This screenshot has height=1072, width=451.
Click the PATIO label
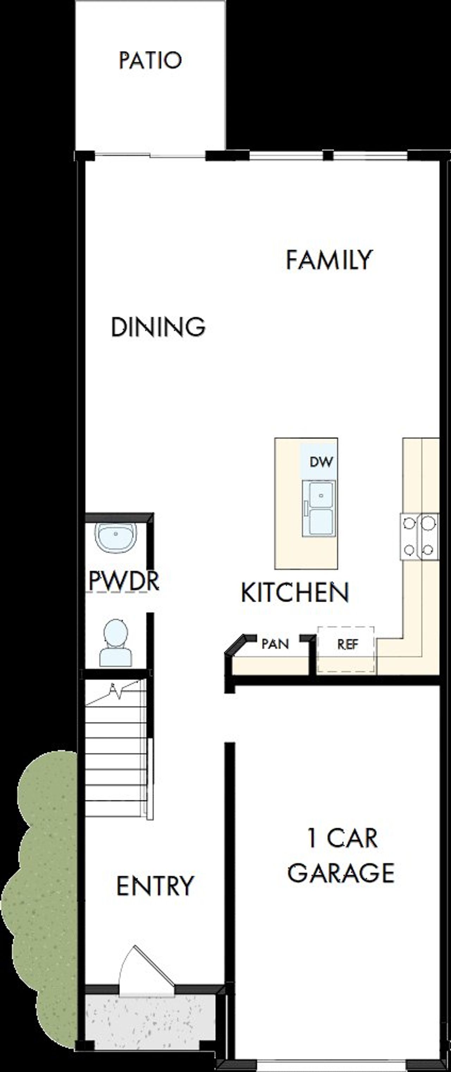tap(150, 60)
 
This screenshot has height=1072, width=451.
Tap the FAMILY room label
tap(329, 260)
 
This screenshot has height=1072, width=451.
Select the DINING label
tap(158, 327)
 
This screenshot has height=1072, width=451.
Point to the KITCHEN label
tap(295, 592)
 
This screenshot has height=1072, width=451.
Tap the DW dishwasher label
tap(321, 461)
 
